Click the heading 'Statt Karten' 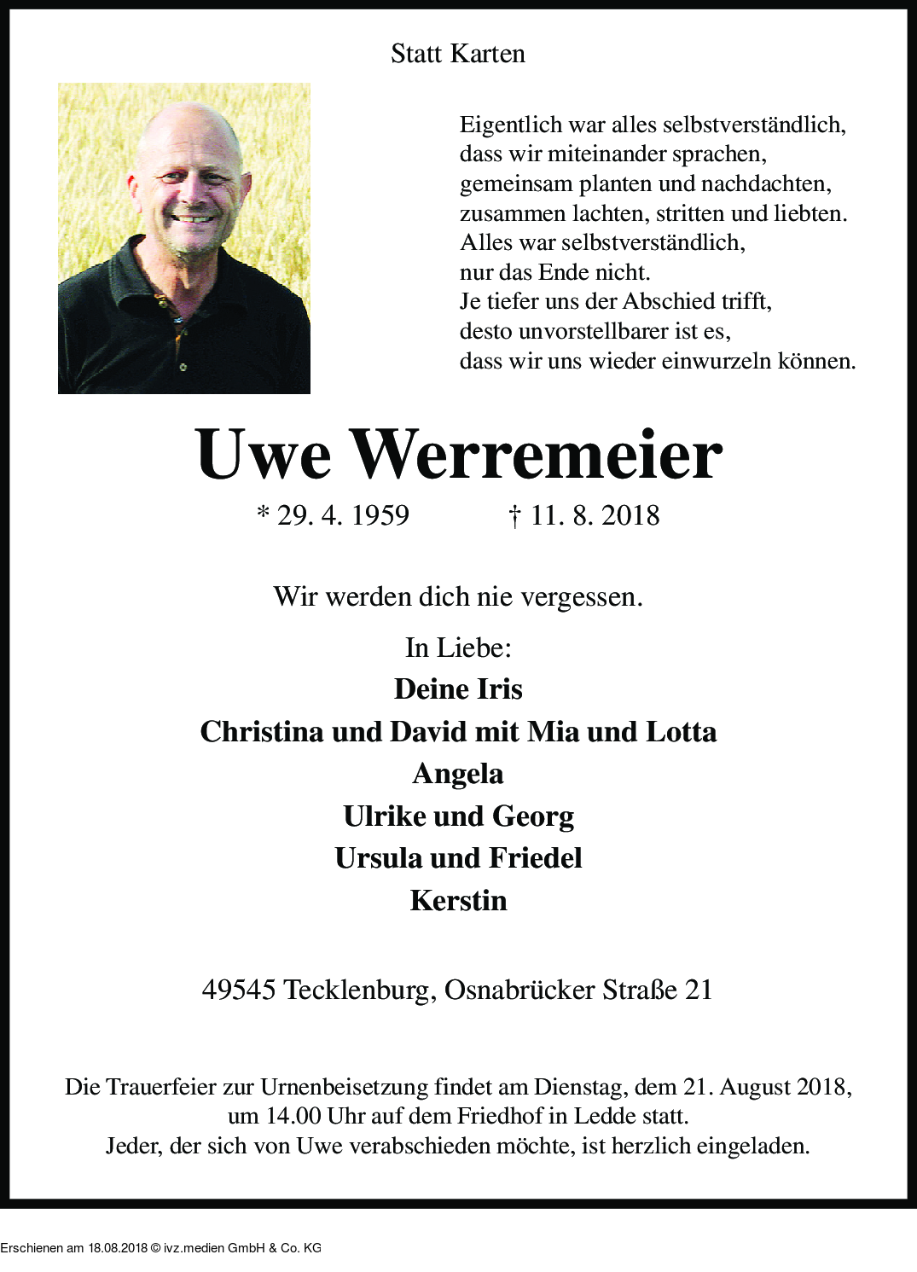pos(457,54)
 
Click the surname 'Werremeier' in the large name pos(537,454)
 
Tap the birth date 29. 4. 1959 pos(343,515)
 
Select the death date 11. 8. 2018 pos(595,515)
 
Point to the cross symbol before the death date pos(514,515)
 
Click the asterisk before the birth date pos(264,513)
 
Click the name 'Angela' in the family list pos(458,774)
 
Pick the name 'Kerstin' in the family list pos(458,901)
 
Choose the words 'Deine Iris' pos(458,689)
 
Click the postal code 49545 pos(238,990)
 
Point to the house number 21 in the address pos(699,990)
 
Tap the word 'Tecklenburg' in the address pos(360,990)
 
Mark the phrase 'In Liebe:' pos(458,648)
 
